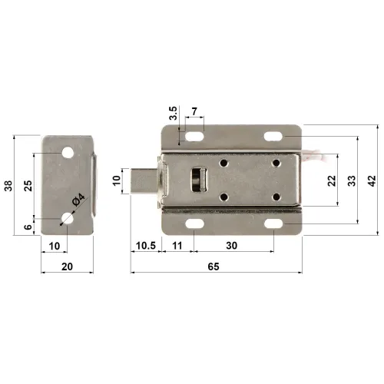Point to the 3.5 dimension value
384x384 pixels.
174,115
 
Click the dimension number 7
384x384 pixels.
194,112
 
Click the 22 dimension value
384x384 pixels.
332,181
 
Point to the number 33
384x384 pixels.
352,181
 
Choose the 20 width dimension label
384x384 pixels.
67,266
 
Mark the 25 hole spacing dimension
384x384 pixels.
28,185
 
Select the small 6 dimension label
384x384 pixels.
28,227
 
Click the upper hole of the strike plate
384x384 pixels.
69,152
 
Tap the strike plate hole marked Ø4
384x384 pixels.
68,220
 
